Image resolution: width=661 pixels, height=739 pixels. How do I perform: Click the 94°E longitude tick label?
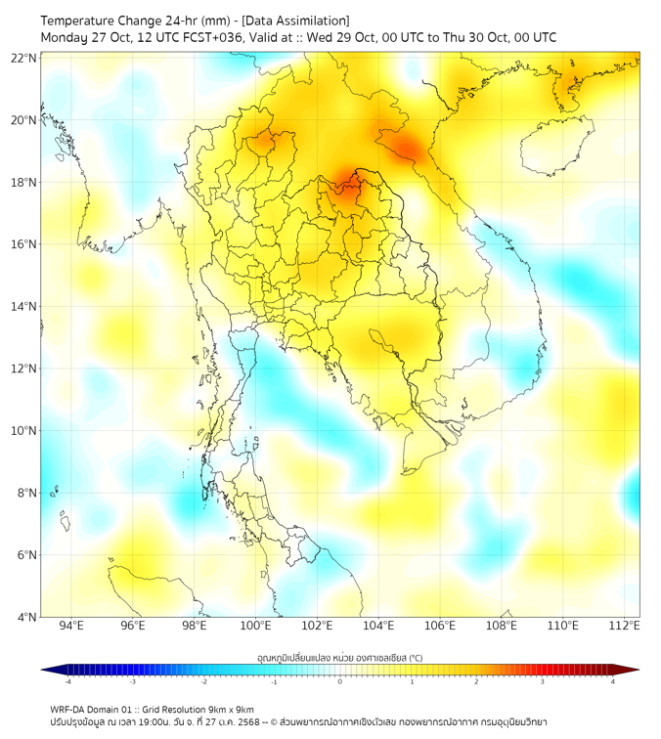pos(71,627)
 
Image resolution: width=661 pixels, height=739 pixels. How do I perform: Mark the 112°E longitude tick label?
pos(625,627)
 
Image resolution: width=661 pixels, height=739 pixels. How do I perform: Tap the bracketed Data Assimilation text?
pos(293,21)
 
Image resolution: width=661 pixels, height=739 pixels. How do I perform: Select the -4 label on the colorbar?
pos(67,680)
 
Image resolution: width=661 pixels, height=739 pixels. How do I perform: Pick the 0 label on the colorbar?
pos(340,680)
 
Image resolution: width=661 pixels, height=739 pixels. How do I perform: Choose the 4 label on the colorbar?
pos(612,680)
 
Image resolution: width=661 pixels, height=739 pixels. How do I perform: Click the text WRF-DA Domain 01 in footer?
pos(94,709)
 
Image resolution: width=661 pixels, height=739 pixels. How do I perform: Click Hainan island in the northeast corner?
pos(553,147)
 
